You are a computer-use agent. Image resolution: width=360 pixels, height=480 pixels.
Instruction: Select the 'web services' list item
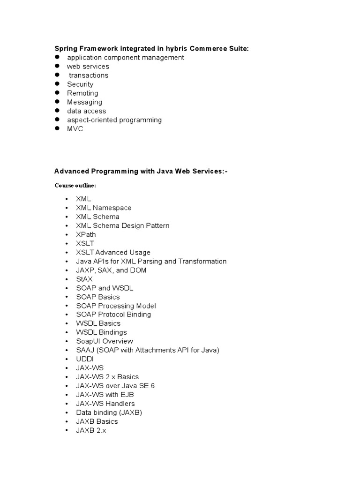pos(88,67)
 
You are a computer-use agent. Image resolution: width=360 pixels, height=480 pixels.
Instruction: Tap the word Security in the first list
pos(80,84)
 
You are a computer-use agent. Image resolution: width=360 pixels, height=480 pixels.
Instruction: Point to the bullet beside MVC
pos(57,128)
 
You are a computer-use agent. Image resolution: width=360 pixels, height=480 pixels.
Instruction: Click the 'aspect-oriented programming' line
pos(114,120)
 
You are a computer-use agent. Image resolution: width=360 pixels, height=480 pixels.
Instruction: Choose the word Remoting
pos(82,93)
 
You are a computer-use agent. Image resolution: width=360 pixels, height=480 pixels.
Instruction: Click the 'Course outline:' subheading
pos(75,186)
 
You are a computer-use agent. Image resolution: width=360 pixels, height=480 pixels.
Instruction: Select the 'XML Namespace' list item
pos(104,208)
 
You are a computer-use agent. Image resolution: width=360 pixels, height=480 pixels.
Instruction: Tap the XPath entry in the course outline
pos(86,234)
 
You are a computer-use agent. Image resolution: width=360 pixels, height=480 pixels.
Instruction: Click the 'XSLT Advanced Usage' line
pos(113,252)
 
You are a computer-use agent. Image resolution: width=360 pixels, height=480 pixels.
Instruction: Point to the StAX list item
pos(84,279)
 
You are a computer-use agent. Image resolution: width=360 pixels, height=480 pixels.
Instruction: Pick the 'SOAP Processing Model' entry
pos(116,306)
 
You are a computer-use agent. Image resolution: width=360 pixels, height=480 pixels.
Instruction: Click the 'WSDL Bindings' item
pos(101,332)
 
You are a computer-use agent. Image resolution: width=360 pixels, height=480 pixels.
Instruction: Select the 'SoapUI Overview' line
pos(105,341)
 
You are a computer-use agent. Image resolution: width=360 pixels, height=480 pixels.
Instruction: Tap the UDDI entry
pos(85,359)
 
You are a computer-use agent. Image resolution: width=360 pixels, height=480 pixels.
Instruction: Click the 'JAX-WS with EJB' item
pos(105,395)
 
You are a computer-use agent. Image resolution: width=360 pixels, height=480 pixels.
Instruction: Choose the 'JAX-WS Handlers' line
pos(105,404)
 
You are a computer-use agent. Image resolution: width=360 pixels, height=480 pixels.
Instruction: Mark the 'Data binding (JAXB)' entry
pos(109,412)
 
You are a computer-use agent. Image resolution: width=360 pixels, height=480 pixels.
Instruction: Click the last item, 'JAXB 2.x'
pos(91,430)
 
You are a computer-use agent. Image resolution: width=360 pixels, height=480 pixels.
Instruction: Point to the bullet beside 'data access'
pos(57,111)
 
